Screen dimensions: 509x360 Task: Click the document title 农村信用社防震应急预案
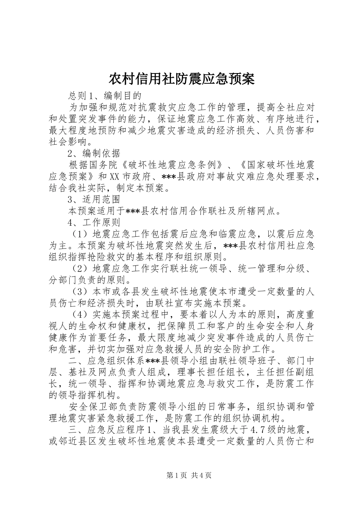click(181, 79)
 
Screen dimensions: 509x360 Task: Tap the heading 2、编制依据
click(94, 153)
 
